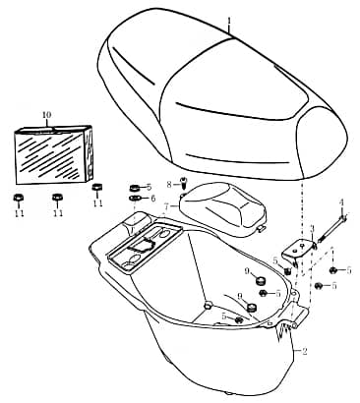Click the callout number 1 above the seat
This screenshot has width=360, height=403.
point(229,22)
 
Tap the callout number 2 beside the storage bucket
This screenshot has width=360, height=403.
point(305,352)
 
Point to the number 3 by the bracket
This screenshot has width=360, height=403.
point(312,229)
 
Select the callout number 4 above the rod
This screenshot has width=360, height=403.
point(341,202)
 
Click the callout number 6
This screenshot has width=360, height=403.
point(153,199)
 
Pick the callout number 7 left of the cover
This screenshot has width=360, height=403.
point(167,206)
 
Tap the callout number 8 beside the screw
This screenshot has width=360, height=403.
point(169,185)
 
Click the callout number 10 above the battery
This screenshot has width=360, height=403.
point(47,115)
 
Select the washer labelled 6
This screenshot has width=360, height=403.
point(135,199)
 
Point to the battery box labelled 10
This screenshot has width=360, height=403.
point(53,154)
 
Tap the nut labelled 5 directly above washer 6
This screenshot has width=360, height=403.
point(135,188)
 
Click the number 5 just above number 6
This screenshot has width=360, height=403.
point(150,188)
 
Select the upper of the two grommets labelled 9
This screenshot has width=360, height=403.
point(260,281)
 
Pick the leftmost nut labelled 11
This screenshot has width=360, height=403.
point(18,198)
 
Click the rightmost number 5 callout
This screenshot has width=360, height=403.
point(349,270)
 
